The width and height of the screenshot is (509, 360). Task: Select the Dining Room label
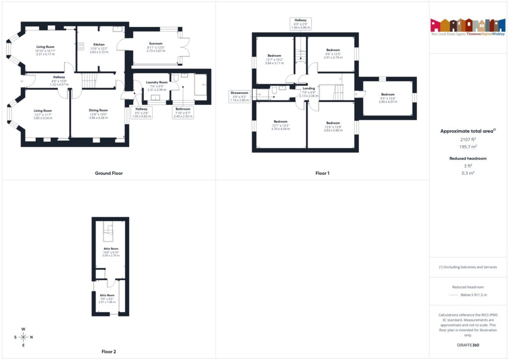(x=98, y=110)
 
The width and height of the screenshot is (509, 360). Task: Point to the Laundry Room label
(x=157, y=82)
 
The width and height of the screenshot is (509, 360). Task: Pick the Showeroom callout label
(x=239, y=92)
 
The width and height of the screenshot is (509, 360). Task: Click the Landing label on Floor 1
(x=308, y=88)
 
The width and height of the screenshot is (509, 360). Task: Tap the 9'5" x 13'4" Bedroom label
(x=388, y=94)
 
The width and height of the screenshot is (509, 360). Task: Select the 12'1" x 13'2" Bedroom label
(x=281, y=121)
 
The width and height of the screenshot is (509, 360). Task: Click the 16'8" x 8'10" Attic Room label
(x=111, y=248)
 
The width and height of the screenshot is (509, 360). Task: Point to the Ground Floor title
(x=109, y=173)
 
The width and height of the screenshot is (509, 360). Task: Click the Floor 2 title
(x=108, y=352)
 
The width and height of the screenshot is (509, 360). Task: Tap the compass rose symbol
(x=23, y=337)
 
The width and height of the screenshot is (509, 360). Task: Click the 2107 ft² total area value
(x=468, y=140)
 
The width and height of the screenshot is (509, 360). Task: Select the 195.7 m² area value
(x=468, y=148)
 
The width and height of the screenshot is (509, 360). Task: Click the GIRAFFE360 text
(x=468, y=345)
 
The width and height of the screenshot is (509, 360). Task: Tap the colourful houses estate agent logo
(x=468, y=24)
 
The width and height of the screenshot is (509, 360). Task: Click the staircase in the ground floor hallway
(x=88, y=80)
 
